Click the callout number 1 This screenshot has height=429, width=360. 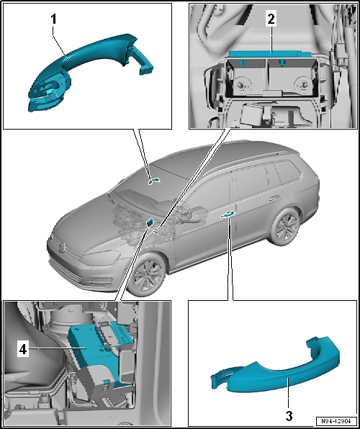coord(53,19)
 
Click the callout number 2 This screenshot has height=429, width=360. coord(271,19)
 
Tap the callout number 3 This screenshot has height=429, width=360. coord(289,416)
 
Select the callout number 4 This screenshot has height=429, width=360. coord(23,349)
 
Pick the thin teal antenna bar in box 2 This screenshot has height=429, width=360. coord(271,54)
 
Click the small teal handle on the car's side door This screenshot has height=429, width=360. coord(228,214)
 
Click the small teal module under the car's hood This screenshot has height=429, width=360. coord(150,222)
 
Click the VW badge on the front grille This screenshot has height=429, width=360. coord(63,248)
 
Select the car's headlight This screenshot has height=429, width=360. coord(100,257)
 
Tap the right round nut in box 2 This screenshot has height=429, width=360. coord(302,86)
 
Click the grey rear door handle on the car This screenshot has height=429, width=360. coord(274,197)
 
